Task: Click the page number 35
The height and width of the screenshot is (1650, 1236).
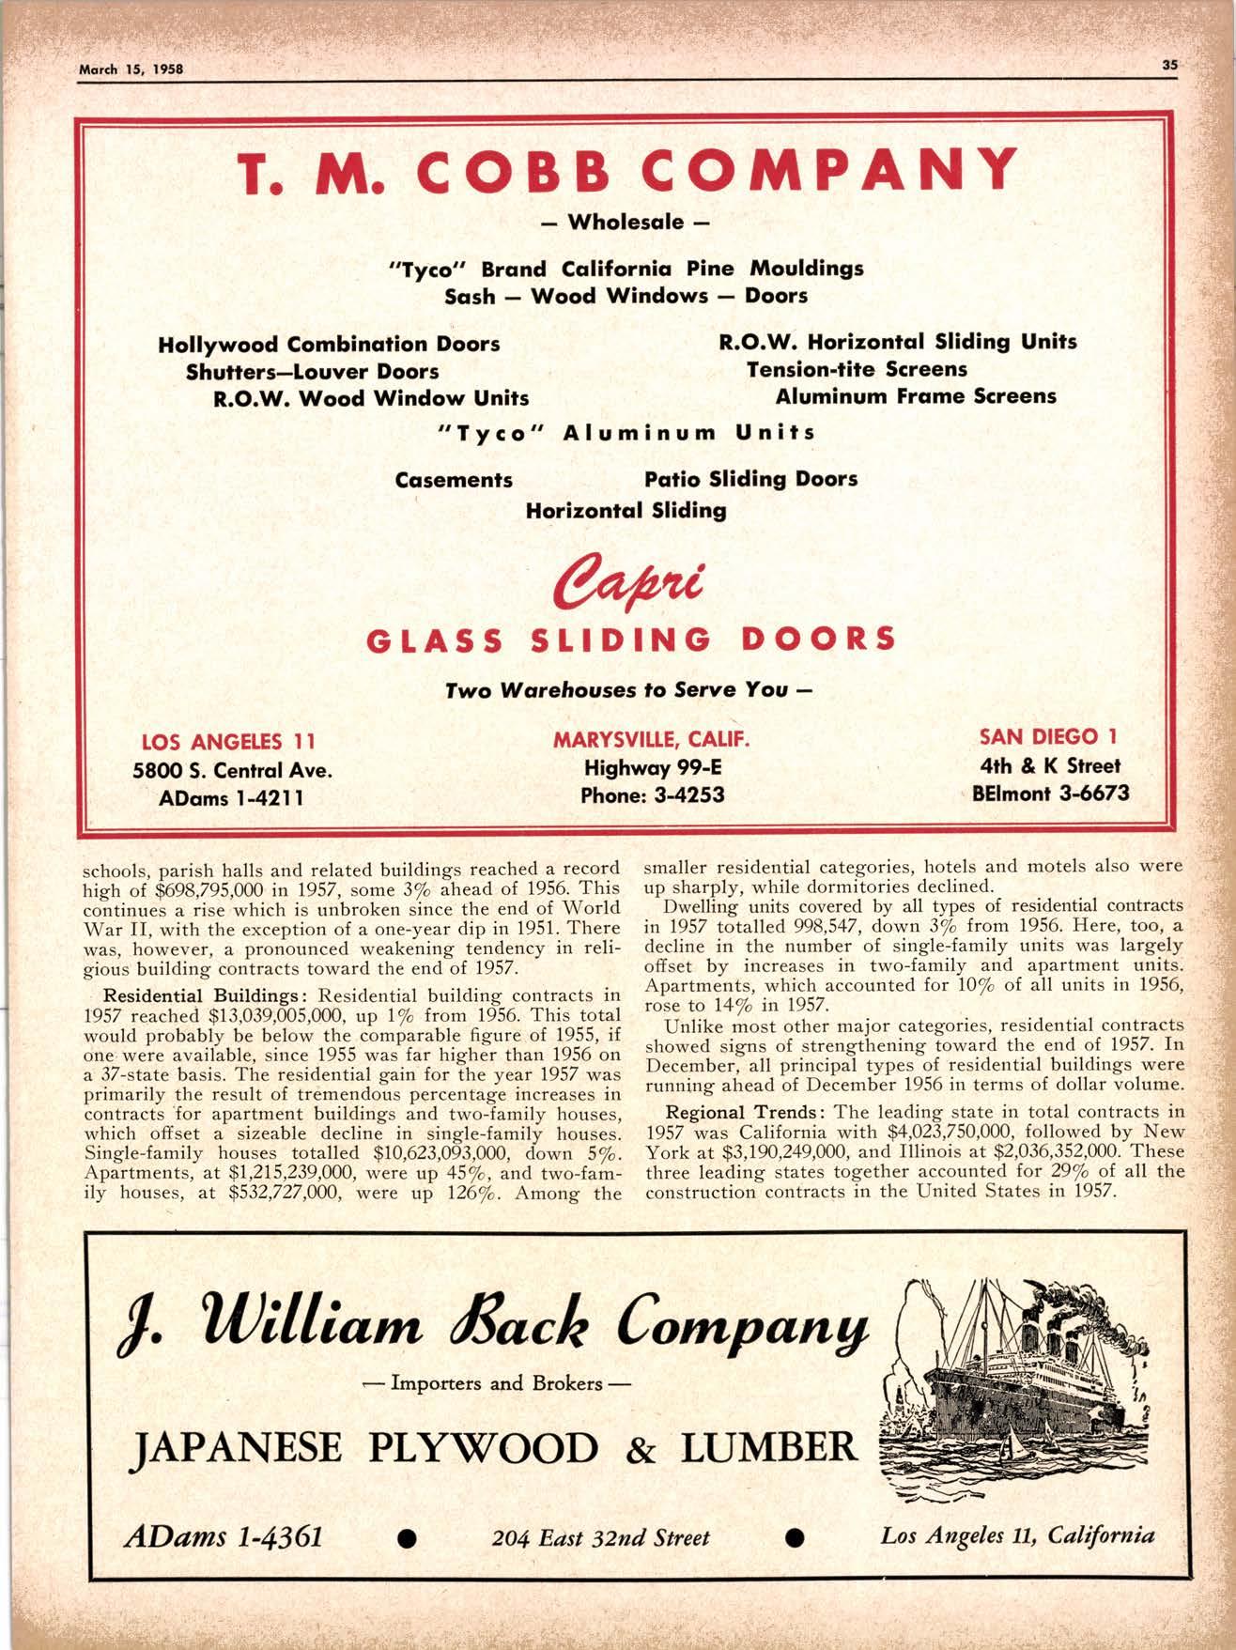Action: pos(1169,65)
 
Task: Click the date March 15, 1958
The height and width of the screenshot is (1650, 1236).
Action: pos(131,69)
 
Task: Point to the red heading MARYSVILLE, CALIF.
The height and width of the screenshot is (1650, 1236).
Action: pos(651,739)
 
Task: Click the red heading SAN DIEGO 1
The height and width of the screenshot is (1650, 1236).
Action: pos(1048,735)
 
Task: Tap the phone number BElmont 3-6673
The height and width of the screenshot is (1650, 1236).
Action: pos(1050,794)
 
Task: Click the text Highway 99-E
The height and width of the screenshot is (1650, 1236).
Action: pos(652,767)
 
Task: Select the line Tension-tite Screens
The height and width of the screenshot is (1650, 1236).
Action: pos(856,370)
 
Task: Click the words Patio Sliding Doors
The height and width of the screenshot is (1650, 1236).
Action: pos(750,479)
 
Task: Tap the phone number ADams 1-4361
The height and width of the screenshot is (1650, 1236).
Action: pos(224,1537)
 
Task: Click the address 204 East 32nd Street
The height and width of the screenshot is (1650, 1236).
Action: pos(600,1538)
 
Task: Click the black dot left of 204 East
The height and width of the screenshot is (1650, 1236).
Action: pos(407,1538)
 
